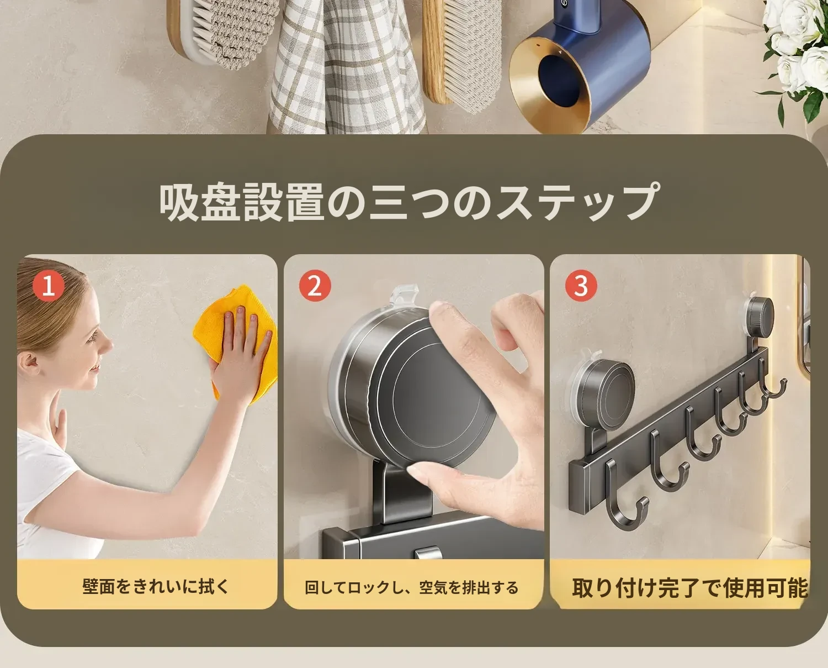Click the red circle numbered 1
click(48, 286)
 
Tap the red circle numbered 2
click(315, 286)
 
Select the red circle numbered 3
click(581, 286)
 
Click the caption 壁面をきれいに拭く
click(156, 587)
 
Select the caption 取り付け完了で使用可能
click(690, 588)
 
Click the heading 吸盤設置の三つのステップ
click(408, 202)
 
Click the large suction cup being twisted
click(412, 389)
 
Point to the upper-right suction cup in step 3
click(758, 317)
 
